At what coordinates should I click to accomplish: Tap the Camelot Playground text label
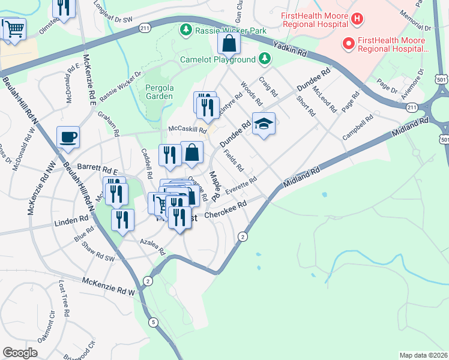click(218, 59)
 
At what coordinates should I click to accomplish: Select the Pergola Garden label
click(159, 92)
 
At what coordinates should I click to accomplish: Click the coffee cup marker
click(68, 137)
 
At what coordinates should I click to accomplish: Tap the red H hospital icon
click(357, 19)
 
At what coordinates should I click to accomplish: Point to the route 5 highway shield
click(154, 322)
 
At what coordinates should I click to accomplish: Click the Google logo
click(20, 352)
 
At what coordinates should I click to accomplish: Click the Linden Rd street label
click(71, 223)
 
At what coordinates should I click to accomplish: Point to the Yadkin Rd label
click(289, 49)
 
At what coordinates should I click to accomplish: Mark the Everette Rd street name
click(241, 185)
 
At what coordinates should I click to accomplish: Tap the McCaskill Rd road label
click(187, 130)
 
